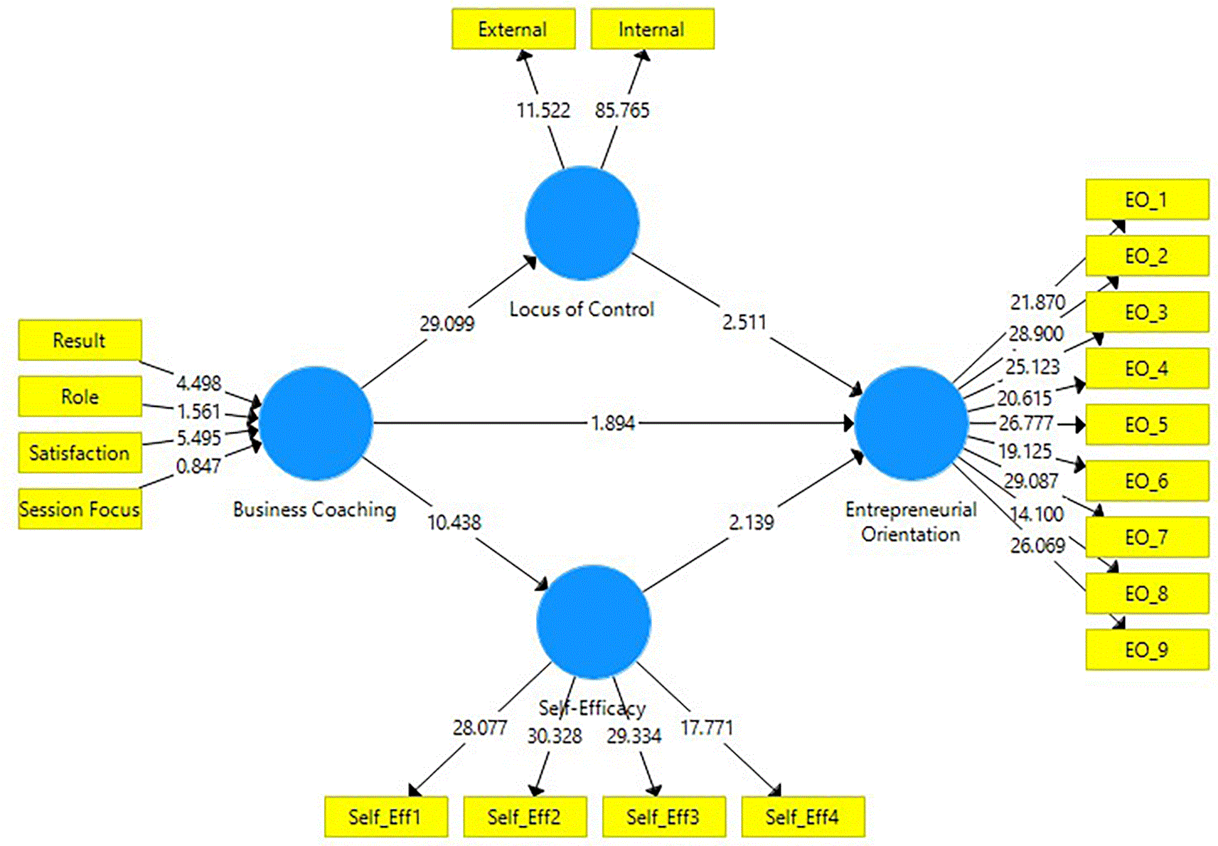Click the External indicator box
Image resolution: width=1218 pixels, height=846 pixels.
click(x=513, y=29)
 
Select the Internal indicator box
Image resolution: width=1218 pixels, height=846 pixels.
click(x=653, y=29)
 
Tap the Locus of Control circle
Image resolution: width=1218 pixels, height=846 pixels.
click(x=582, y=223)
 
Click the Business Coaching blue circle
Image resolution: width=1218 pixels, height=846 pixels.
click(x=316, y=423)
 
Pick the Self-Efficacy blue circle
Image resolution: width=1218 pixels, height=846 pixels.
click(x=593, y=622)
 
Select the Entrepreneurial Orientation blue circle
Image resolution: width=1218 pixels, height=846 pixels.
click(x=912, y=423)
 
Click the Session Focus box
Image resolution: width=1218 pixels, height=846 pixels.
click(x=80, y=509)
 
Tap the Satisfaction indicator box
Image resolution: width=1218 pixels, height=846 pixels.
click(x=80, y=453)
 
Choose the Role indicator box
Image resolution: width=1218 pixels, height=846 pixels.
click(x=80, y=396)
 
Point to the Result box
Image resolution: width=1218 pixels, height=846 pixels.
click(x=80, y=340)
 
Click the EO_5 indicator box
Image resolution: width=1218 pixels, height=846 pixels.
click(x=1148, y=424)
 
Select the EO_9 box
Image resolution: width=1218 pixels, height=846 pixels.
click(x=1148, y=650)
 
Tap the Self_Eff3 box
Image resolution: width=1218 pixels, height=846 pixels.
click(x=664, y=817)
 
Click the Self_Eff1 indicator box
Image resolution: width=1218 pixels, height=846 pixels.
click(x=386, y=817)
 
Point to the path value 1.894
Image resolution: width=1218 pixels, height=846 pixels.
click(x=613, y=423)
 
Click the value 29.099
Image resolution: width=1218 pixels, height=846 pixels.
click(x=447, y=324)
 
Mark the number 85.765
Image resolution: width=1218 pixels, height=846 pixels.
click(x=622, y=110)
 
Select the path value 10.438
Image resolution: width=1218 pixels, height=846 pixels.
click(x=454, y=522)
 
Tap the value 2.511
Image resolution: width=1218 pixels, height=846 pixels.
click(x=744, y=322)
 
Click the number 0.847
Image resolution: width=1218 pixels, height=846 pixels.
click(x=198, y=466)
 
